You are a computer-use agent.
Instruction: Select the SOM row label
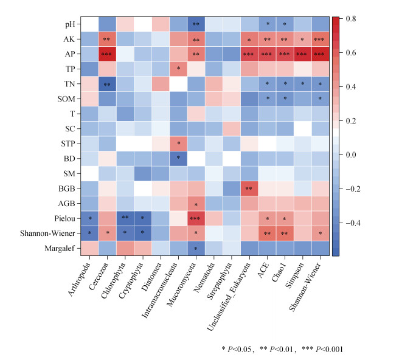[x=68, y=99]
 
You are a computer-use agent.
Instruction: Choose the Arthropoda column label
[x=80, y=280]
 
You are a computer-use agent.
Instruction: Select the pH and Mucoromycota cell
[x=196, y=24]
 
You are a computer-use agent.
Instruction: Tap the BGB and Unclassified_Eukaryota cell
[x=249, y=188]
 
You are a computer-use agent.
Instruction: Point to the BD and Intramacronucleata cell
[x=179, y=158]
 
